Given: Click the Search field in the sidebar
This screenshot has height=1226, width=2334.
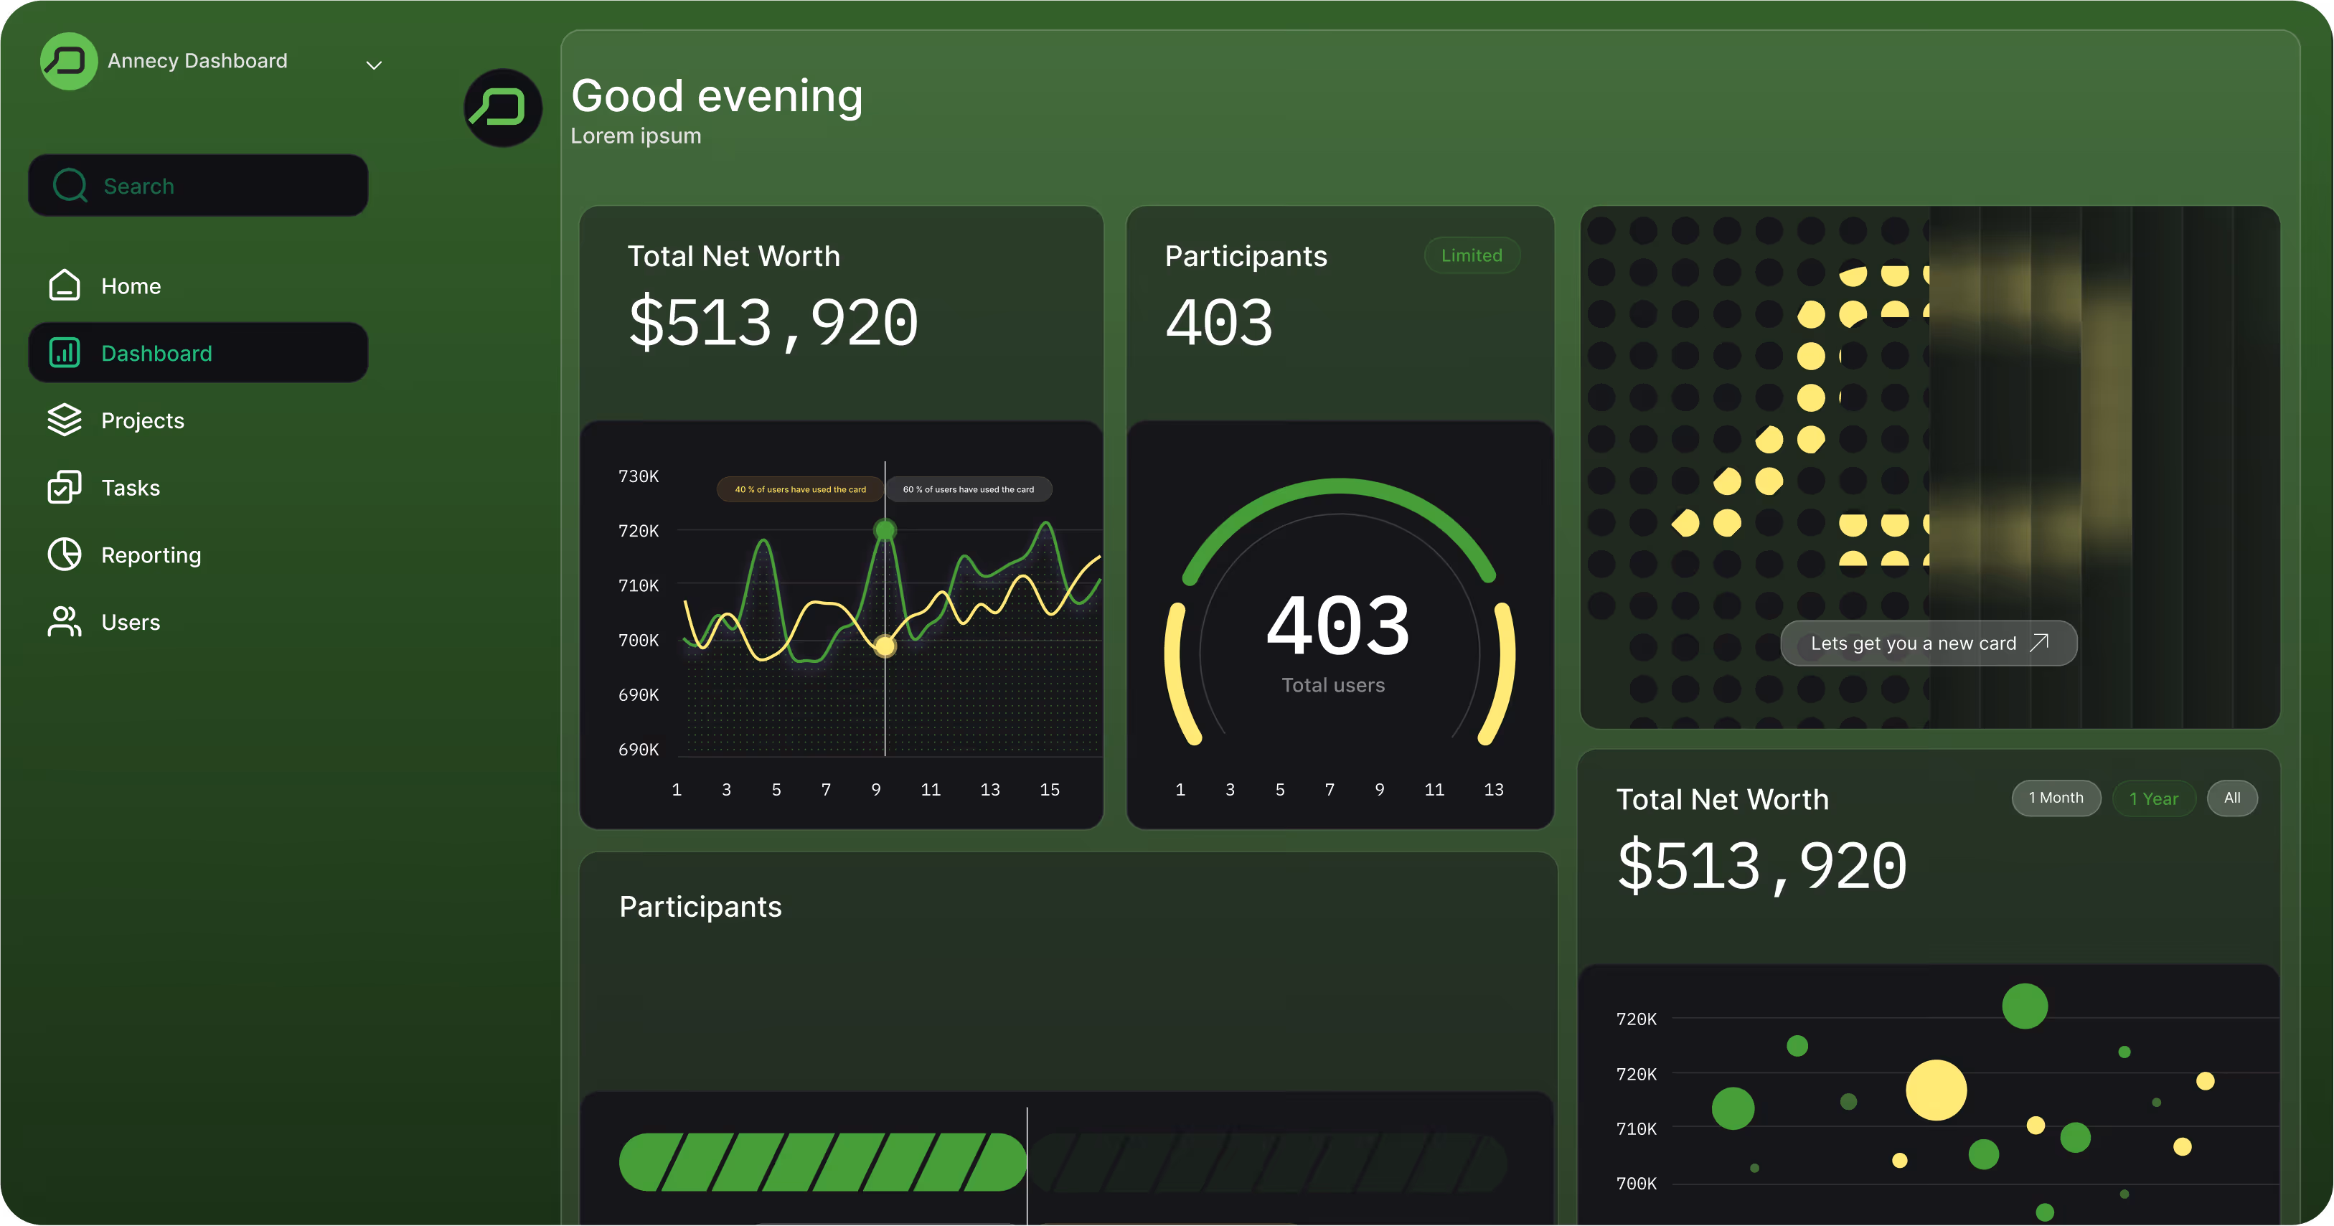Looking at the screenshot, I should click(x=197, y=186).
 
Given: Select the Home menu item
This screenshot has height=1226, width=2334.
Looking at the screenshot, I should click(x=131, y=286).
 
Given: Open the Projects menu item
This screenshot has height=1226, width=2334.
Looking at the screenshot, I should click(x=142, y=420).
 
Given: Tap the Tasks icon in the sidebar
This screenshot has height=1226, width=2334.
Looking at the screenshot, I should click(x=65, y=488).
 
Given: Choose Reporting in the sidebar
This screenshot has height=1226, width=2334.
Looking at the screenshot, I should click(x=151, y=555).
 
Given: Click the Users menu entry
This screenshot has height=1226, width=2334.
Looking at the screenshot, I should click(x=131, y=623).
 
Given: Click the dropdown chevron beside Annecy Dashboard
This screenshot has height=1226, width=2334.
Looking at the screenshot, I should click(x=373, y=65).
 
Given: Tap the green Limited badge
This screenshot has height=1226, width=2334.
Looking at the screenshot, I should click(x=1472, y=255).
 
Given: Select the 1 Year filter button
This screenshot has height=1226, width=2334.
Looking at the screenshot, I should click(x=2154, y=798).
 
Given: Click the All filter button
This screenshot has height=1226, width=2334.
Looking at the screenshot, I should click(x=2231, y=798).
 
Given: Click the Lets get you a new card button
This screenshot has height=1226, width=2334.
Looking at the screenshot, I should click(x=1928, y=643).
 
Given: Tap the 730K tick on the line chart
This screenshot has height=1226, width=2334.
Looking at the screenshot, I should click(x=638, y=476).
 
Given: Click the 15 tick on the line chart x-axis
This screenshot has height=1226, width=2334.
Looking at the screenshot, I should click(x=1049, y=790).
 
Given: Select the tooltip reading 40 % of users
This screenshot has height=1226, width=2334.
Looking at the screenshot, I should click(x=800, y=489).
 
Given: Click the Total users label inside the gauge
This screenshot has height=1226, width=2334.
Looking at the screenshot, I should click(x=1333, y=686).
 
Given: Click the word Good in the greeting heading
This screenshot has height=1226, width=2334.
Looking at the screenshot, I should click(x=627, y=96).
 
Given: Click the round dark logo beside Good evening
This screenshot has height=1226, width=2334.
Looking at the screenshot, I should click(x=503, y=108).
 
